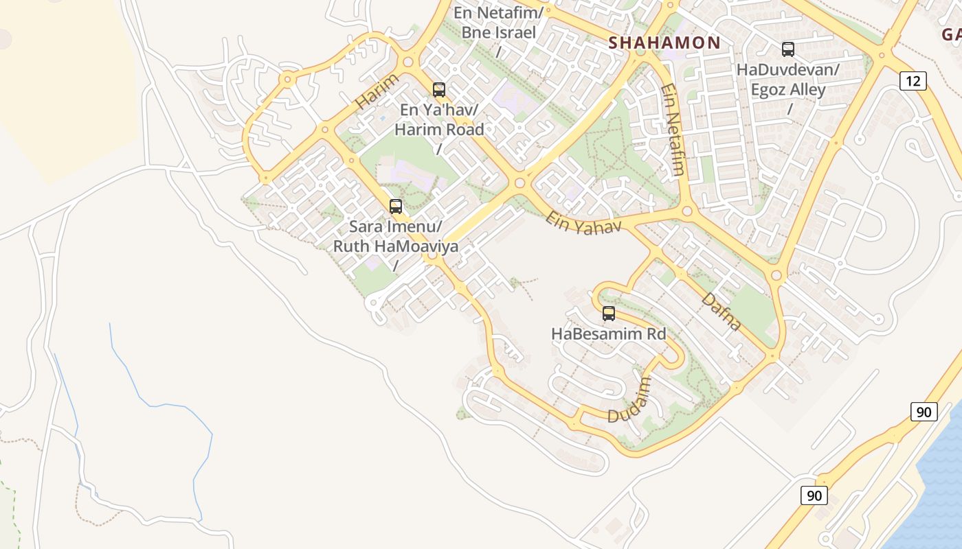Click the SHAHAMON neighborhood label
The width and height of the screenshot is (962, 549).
[664, 43]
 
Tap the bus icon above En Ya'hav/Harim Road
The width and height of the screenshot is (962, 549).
[438, 90]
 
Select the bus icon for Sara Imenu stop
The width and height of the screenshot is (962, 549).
[395, 207]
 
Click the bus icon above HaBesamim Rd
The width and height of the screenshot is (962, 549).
[608, 314]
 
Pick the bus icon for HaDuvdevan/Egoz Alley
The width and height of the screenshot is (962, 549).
[787, 49]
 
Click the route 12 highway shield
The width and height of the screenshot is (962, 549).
[913, 81]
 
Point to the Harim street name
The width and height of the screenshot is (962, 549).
[377, 92]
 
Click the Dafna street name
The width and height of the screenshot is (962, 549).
[721, 312]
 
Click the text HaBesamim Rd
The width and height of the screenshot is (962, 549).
[609, 334]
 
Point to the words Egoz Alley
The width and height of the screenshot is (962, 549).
[787, 89]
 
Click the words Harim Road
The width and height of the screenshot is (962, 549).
[438, 129]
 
